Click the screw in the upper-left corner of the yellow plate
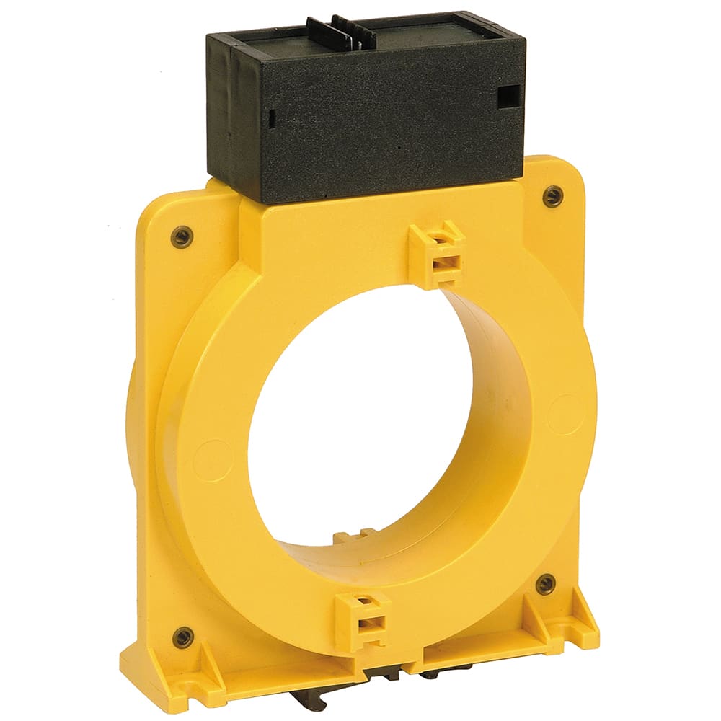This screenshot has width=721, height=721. [182, 236]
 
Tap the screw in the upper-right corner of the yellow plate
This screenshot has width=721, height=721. [553, 195]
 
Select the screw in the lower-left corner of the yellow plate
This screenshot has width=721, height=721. [183, 637]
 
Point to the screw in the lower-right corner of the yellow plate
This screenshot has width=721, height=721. [546, 584]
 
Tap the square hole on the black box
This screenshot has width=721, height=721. [510, 95]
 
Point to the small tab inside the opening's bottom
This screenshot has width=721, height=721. [355, 537]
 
